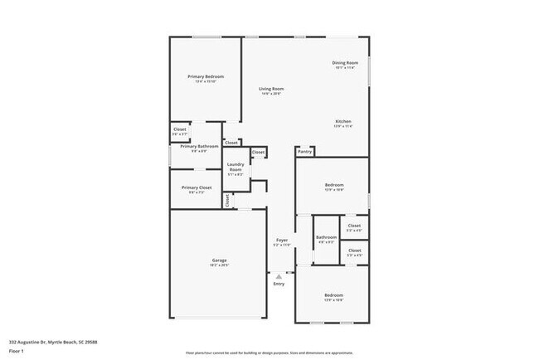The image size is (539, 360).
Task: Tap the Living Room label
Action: coord(271,89)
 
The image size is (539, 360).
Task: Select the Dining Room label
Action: coord(345,63)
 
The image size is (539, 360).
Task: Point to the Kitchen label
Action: coord(343,121)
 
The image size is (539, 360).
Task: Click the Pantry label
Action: coord(305,152)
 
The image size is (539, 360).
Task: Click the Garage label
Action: coord(219,260)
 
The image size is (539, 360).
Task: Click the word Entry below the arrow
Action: coord(279,285)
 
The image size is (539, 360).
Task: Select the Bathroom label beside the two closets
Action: coord(326,238)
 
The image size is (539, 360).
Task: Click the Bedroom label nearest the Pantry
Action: coord(333,185)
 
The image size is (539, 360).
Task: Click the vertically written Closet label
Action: coord(228,200)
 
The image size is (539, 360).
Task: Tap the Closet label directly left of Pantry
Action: coord(258,153)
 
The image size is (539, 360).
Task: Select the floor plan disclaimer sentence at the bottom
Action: coord(269,352)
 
